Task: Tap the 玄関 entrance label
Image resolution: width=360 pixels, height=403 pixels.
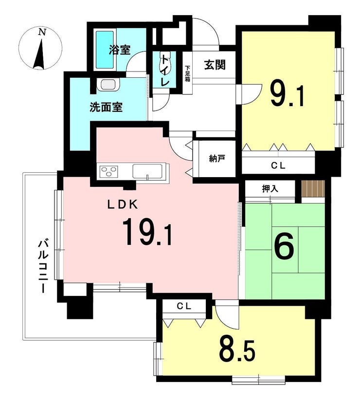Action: coord(214,65)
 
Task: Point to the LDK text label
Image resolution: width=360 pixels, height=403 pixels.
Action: coord(124,205)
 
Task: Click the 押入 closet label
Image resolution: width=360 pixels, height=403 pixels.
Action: coord(270,189)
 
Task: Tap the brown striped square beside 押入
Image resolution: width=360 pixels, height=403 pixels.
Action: coord(312,188)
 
